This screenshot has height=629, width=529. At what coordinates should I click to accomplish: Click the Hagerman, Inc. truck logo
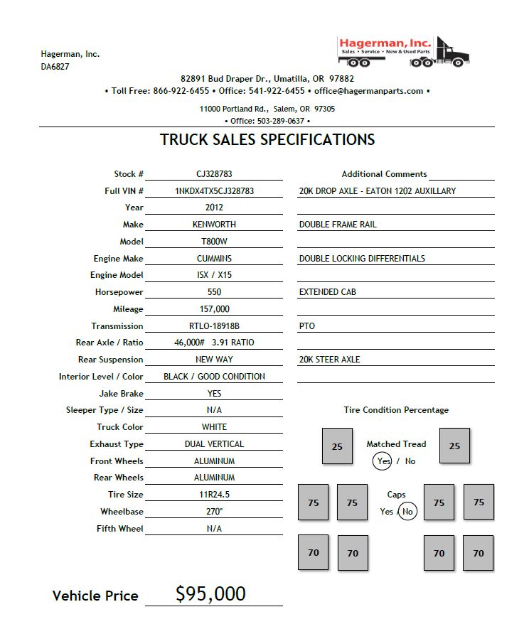click(403, 51)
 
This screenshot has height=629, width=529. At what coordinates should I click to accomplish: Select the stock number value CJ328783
click(214, 174)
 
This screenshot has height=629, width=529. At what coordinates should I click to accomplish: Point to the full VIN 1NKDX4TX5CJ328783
click(214, 191)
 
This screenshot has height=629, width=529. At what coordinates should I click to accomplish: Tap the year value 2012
click(214, 208)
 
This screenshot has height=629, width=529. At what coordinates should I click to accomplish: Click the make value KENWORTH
click(214, 225)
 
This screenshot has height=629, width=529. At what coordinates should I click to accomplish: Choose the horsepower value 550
click(214, 292)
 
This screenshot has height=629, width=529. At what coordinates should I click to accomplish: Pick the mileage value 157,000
click(214, 309)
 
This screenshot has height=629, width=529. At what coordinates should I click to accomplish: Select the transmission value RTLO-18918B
click(214, 326)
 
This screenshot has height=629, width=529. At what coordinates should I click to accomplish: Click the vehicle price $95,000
click(210, 594)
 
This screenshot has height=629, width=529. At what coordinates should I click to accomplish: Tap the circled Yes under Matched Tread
click(384, 461)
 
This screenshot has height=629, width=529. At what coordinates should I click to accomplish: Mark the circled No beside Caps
click(407, 512)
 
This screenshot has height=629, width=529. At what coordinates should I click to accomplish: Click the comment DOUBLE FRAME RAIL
click(338, 225)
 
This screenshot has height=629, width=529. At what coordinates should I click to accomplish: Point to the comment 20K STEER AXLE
click(329, 360)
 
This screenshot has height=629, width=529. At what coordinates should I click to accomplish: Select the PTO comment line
click(307, 326)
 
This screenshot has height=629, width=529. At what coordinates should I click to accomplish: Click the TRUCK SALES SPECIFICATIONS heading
click(267, 139)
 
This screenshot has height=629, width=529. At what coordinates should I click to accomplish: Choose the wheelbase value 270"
click(214, 512)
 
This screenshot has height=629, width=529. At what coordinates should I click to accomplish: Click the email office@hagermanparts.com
click(368, 91)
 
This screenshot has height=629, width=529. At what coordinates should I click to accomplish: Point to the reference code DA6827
click(55, 67)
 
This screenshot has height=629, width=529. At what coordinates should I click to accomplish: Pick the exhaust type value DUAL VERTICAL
click(214, 444)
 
